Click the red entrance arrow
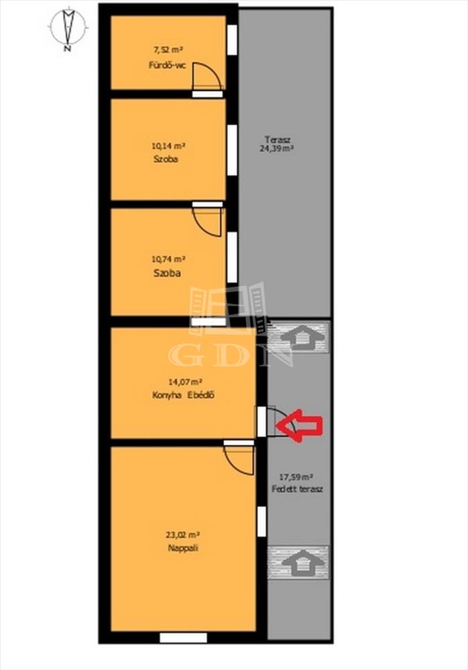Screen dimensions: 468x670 [x=300, y=425]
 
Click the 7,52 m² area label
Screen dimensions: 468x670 [x=168, y=50]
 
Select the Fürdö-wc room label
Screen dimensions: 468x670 [x=167, y=66]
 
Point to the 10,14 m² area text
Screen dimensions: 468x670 [x=168, y=145]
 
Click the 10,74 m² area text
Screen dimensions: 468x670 [x=168, y=259]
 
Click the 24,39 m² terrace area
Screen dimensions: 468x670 [x=276, y=149]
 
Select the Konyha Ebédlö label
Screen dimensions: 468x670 [x=183, y=395]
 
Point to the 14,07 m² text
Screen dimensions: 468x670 [x=185, y=382]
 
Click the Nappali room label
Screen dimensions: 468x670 [x=182, y=548]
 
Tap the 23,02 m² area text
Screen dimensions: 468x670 [x=183, y=534]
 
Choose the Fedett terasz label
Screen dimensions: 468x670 [x=297, y=489]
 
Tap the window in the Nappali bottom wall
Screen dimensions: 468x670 [x=184, y=638]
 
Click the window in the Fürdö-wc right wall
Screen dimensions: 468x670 [x=232, y=40]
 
